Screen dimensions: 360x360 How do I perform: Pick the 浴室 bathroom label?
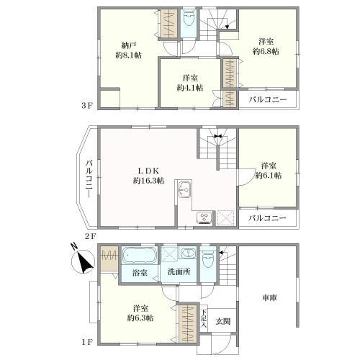140,273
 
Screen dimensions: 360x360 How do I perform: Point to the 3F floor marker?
86,105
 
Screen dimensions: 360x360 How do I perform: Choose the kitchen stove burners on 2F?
203,216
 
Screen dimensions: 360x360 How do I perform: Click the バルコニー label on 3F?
268,99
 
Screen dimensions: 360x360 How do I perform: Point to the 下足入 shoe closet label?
204,318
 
